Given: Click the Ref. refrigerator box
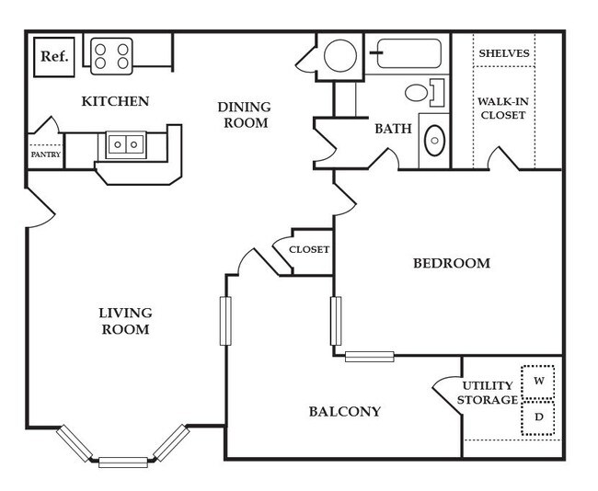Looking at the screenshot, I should (53, 56).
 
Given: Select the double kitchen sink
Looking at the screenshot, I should (125, 144).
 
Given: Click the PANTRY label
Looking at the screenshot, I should (45, 154).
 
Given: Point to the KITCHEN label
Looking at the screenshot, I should (115, 100).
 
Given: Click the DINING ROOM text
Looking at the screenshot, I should (244, 115).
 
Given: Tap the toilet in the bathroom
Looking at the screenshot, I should (421, 92).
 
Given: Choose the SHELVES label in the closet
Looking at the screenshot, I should (504, 53).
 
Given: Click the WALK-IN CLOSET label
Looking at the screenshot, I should (502, 108).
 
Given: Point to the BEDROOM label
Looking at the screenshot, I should (451, 263).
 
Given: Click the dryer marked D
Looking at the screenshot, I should (539, 418).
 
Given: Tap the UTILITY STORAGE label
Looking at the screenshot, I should (489, 393).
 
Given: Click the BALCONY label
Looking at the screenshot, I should (345, 411).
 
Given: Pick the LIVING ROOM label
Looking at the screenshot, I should (124, 321).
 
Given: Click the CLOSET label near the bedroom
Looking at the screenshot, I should (309, 249).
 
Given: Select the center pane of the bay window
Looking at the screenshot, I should (122, 462).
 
